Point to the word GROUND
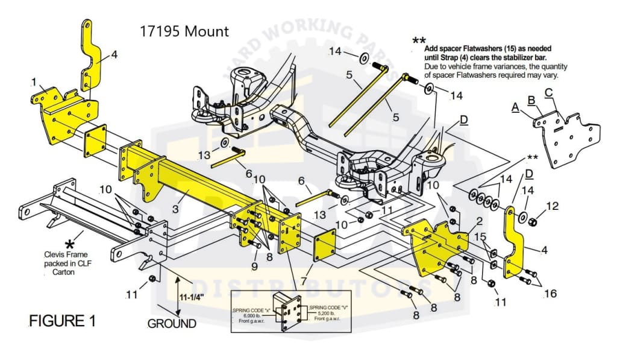click(172, 323)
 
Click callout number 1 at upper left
click(34, 81)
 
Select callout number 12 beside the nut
click(552, 207)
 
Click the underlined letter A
click(515, 107)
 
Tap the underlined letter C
click(548, 92)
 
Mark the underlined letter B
click(531, 99)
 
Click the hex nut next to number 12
click(533, 223)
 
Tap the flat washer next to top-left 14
click(365, 58)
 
